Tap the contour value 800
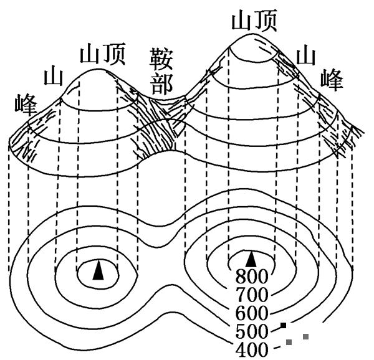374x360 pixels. click(252, 277)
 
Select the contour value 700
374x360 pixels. click(252, 295)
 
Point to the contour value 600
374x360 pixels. click(252, 313)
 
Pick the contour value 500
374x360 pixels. click(252, 331)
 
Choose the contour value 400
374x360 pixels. click(252, 349)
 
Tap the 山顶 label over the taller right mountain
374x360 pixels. click(254, 20)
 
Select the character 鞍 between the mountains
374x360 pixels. click(161, 59)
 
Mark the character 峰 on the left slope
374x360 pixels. click(26, 105)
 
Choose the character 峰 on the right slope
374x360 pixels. click(332, 80)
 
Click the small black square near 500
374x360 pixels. click(284, 325)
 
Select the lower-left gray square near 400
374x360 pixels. click(289, 342)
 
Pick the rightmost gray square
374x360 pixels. click(306, 336)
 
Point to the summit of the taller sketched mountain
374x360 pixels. click(248, 34)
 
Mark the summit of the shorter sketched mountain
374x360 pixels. click(97, 69)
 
